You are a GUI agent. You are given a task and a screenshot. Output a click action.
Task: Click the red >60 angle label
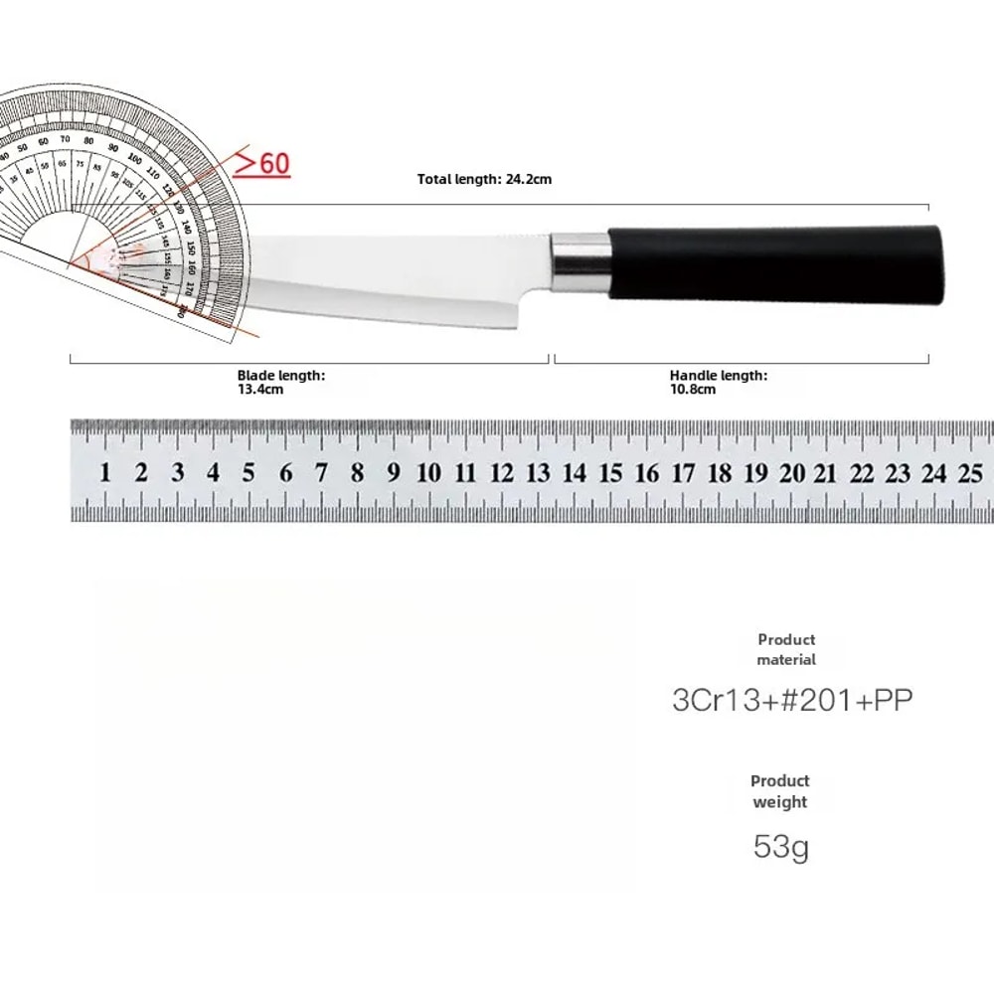click(262, 162)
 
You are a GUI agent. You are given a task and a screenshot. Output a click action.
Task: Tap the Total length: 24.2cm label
click(484, 180)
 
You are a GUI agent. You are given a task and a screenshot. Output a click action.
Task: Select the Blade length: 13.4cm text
click(280, 382)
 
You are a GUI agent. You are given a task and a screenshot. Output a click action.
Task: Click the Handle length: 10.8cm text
click(718, 382)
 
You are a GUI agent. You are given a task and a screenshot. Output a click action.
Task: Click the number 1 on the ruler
click(105, 473)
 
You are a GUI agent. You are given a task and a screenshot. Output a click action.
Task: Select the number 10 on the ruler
click(428, 473)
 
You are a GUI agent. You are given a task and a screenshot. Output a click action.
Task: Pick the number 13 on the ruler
click(538, 473)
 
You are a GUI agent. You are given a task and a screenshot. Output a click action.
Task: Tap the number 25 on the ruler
click(970, 473)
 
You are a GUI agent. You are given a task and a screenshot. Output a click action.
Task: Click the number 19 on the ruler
click(755, 473)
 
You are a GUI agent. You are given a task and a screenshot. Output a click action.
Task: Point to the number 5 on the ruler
click(248, 473)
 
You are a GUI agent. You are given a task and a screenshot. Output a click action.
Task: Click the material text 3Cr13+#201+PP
click(792, 701)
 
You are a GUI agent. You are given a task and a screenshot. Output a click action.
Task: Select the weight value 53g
click(780, 848)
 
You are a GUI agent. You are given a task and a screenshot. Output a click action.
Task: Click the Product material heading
click(786, 650)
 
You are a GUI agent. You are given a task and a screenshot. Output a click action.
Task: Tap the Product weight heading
click(780, 791)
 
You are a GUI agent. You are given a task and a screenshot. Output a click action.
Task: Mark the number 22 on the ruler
click(862, 473)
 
